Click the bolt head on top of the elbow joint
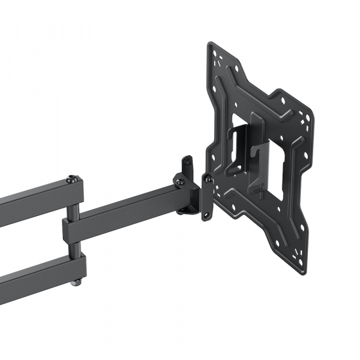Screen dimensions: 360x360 (73, 179)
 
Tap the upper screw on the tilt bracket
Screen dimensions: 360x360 (208, 178)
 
